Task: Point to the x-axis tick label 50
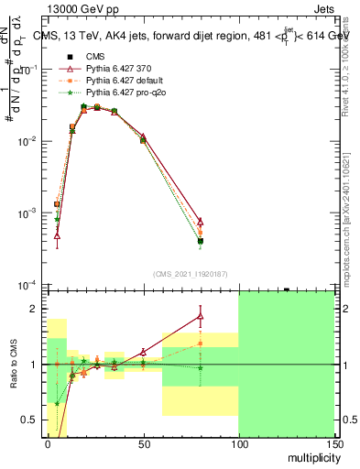(x=144, y=442)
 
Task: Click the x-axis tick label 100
(x=238, y=442)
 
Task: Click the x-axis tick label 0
(x=48, y=442)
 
